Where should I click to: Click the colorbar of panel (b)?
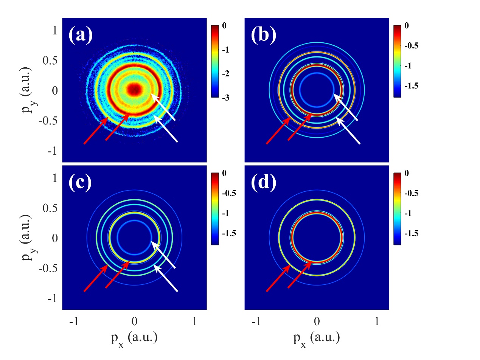tap(397, 61)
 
